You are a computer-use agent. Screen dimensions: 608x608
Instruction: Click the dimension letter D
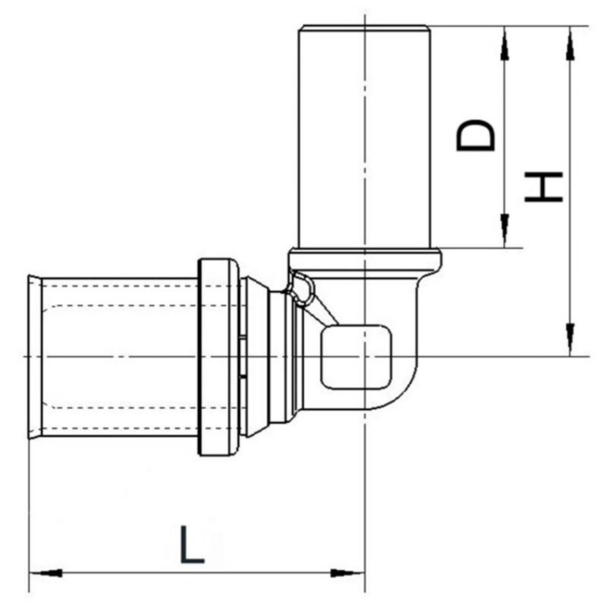(x=475, y=135)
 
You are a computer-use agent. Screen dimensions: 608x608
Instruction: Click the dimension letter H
(x=543, y=186)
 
